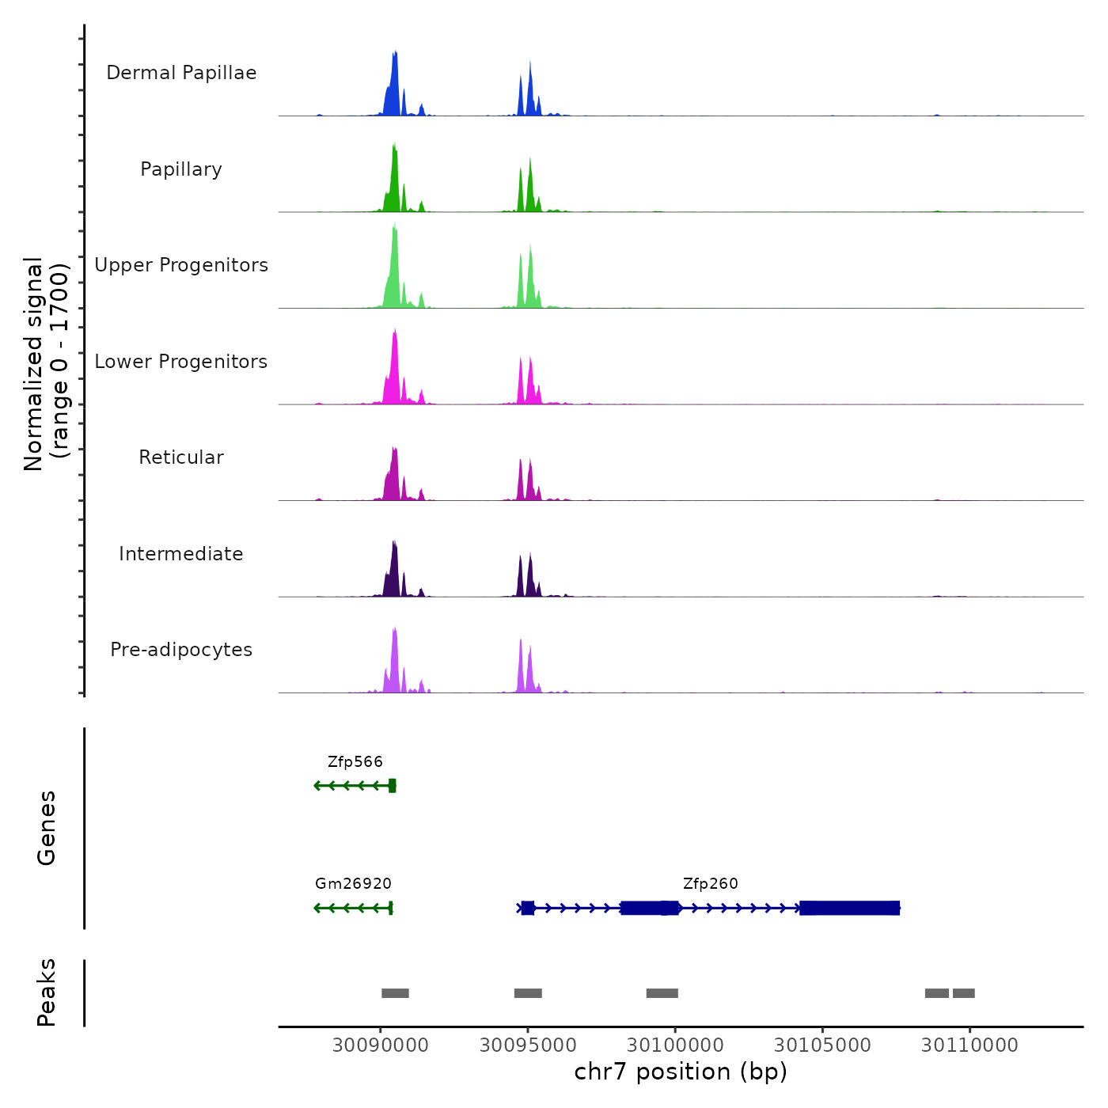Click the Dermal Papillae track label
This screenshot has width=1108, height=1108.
coord(181,73)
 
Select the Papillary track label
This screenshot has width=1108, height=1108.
coord(181,169)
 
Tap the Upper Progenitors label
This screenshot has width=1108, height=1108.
coord(181,265)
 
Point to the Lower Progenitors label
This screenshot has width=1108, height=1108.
coord(181,362)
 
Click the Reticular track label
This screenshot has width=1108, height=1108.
coord(181,457)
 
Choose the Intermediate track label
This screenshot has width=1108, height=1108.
coord(181,554)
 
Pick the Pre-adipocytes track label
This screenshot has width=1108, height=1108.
coord(181,650)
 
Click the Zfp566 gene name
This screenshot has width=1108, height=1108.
coord(355,762)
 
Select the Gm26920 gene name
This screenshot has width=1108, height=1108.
coord(353,884)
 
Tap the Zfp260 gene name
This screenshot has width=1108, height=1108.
coord(711,884)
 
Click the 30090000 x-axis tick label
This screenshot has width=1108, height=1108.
coord(381,1045)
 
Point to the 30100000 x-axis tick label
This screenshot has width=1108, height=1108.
coord(675,1045)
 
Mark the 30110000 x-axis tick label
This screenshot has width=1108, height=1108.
coord(970,1045)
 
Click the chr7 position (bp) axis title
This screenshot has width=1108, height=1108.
coord(681,1072)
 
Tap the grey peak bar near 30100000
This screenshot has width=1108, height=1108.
coord(662,993)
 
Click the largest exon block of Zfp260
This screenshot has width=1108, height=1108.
coord(849,908)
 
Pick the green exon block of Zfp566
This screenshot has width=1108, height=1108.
coord(392,785)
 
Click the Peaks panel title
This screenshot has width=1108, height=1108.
coord(46,992)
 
